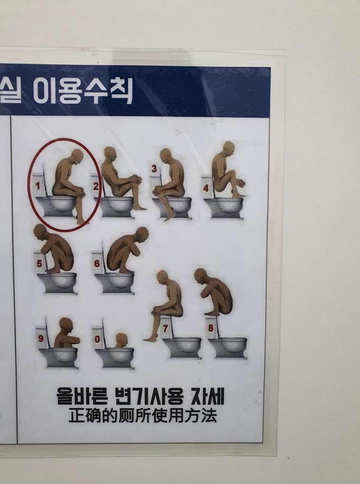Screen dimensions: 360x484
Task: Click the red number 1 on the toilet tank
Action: tap(37, 186)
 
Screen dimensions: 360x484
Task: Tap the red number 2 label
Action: tap(96, 186)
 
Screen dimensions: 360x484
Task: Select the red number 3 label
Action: tap(154, 169)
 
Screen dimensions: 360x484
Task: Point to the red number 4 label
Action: tap(206, 188)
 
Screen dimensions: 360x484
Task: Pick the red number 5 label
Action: tap(39, 264)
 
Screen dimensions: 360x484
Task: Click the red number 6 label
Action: tap(97, 264)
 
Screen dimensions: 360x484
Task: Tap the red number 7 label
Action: tap(165, 329)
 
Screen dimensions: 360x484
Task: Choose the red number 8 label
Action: tap(211, 328)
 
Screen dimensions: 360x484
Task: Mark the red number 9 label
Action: tap(41, 338)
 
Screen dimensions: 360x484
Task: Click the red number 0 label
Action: tap(97, 339)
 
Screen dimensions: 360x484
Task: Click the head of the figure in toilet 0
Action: tap(121, 340)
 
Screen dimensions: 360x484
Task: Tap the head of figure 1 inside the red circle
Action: tap(77, 157)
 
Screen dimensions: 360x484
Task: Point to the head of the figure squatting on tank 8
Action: tap(200, 276)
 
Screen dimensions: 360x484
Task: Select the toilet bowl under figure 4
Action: tap(223, 209)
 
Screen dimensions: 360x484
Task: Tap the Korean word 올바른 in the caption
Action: tap(82, 396)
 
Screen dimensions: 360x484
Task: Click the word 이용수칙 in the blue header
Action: tap(83, 91)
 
